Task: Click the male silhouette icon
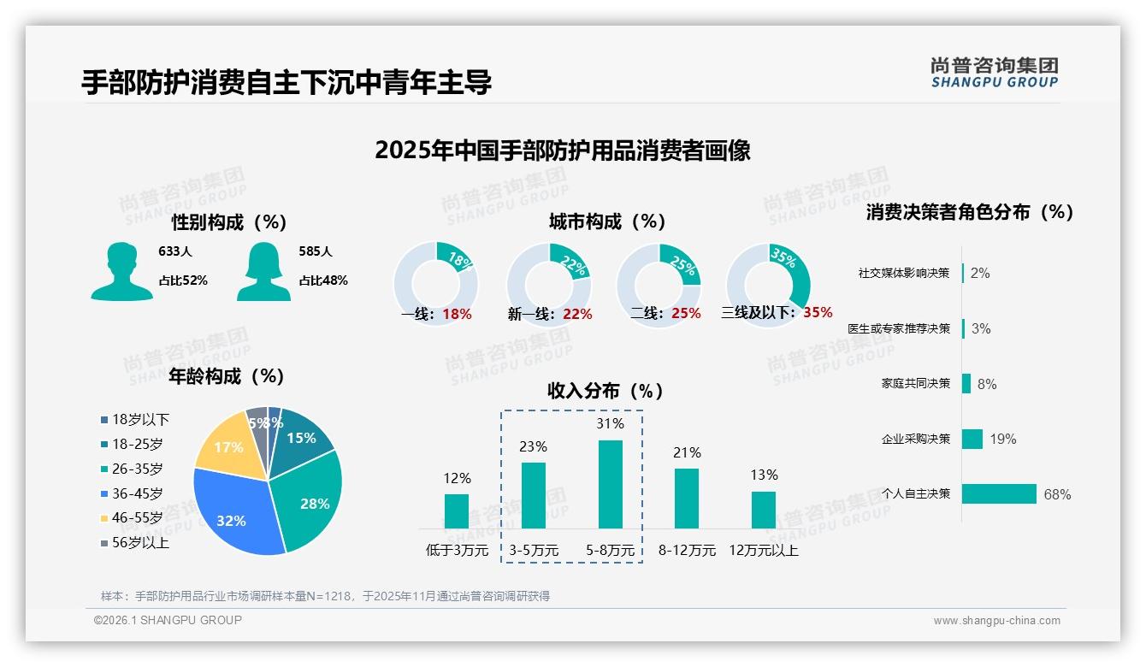pyautogui.click(x=121, y=271)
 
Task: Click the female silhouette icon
pyautogui.click(x=264, y=271)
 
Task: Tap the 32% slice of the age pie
pyautogui.click(x=229, y=513)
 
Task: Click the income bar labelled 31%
pyautogui.click(x=611, y=484)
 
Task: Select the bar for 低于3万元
pyautogui.click(x=457, y=511)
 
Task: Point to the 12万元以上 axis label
pyautogui.click(x=764, y=551)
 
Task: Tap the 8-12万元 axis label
pyautogui.click(x=687, y=551)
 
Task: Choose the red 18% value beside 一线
pyautogui.click(x=458, y=314)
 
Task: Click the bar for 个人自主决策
pyautogui.click(x=999, y=493)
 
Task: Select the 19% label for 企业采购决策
pyautogui.click(x=1003, y=439)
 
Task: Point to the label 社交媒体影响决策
pyautogui.click(x=904, y=273)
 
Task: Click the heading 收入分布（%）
pyautogui.click(x=605, y=391)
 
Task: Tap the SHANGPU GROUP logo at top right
pyautogui.click(x=995, y=73)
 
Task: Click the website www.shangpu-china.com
pyautogui.click(x=996, y=620)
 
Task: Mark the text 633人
pyautogui.click(x=175, y=251)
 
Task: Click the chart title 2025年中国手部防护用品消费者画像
pyautogui.click(x=563, y=151)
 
